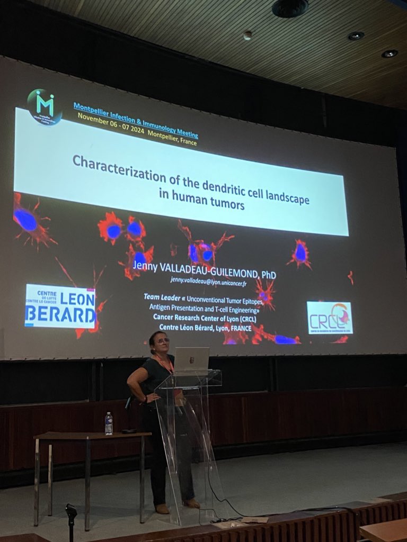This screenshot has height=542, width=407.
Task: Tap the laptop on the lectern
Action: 191,360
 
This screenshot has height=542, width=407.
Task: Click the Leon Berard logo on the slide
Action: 60,305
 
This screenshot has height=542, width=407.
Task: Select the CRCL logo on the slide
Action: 330,317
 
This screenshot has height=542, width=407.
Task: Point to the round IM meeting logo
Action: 45,106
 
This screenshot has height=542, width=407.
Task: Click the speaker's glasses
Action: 162,341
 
